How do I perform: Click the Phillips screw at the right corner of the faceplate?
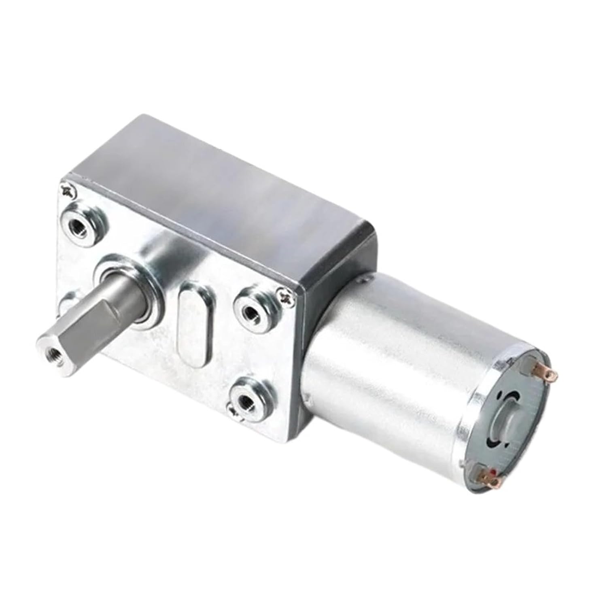(287, 297)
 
